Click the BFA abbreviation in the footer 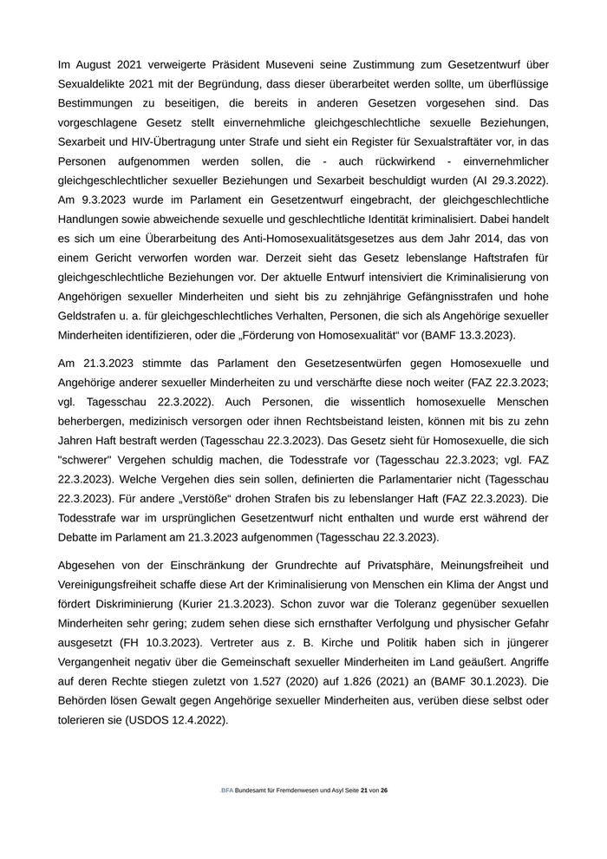[227, 790]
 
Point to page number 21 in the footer [365, 790]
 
